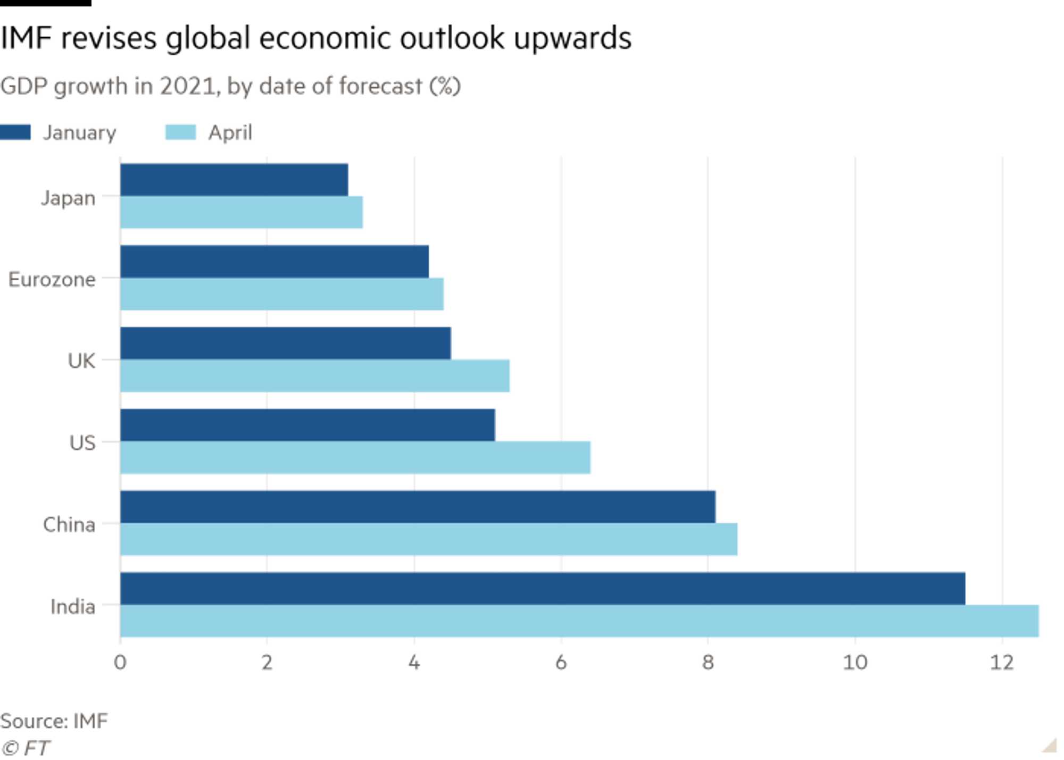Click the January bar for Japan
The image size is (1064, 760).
pyautogui.click(x=235, y=178)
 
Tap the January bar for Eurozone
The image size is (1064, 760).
pyautogui.click(x=276, y=260)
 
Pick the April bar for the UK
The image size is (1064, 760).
pyautogui.click(x=317, y=376)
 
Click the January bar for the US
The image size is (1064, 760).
pyautogui.click(x=309, y=424)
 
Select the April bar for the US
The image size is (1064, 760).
pyautogui.click(x=356, y=458)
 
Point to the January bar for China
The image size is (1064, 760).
pyautogui.click(x=419, y=505)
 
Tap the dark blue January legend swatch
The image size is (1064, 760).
pyautogui.click(x=16, y=132)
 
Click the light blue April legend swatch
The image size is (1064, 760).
pyautogui.click(x=179, y=132)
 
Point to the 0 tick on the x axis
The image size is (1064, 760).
pyautogui.click(x=121, y=663)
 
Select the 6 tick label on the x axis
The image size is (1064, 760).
pyautogui.click(x=561, y=663)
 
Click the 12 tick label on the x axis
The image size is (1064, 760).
pyautogui.click(x=1001, y=663)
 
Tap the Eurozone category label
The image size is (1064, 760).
pyautogui.click(x=53, y=279)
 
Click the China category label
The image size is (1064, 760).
pyautogui.click(x=70, y=525)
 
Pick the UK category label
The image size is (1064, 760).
pyautogui.click(x=82, y=360)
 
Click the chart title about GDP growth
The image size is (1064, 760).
pyautogui.click(x=231, y=86)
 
